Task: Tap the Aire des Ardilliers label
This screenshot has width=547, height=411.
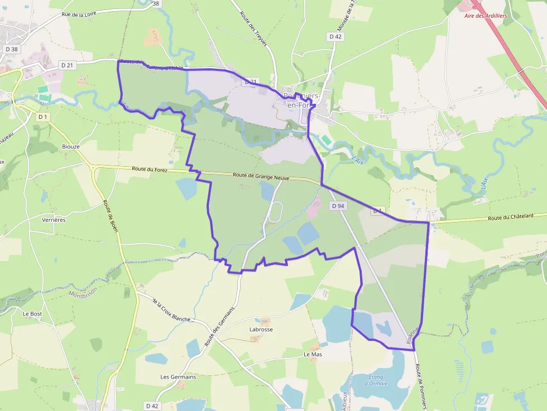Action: click(486, 16)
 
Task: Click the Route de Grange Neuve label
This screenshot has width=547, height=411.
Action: click(261, 176)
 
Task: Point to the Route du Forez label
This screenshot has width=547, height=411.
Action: click(150, 168)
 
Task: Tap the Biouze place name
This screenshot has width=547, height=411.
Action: click(71, 147)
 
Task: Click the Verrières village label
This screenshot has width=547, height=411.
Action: click(54, 220)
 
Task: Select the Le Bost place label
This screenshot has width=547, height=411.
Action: click(32, 314)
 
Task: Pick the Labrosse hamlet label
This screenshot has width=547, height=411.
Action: click(261, 330)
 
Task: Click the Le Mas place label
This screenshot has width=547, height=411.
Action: click(313, 354)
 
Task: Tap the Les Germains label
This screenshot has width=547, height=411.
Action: click(178, 377)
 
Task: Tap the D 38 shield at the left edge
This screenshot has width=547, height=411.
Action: click(11, 49)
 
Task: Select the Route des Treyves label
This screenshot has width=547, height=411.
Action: click(253, 29)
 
